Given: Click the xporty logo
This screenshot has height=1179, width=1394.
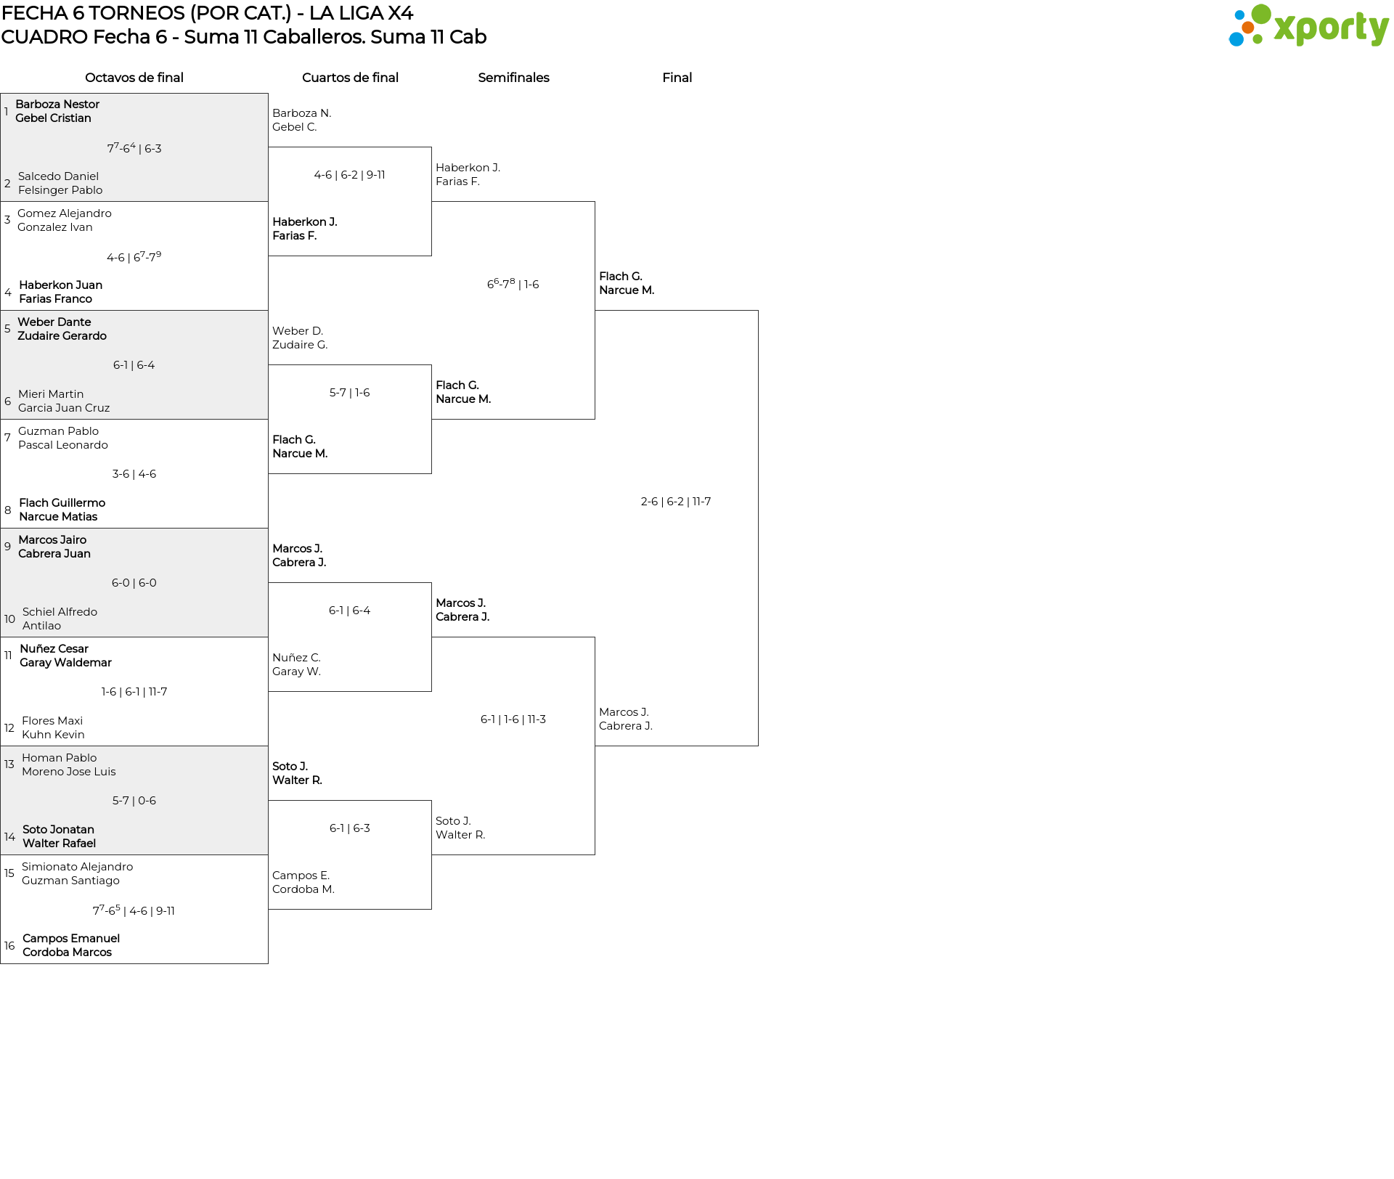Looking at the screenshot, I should click(x=1308, y=26).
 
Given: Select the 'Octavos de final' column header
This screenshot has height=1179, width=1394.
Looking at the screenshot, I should click(x=134, y=78).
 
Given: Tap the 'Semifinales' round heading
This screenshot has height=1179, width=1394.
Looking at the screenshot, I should click(x=513, y=78).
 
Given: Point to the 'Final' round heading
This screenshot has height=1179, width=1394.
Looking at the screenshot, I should click(x=677, y=78).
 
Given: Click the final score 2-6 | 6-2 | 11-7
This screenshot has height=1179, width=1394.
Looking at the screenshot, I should click(x=675, y=502).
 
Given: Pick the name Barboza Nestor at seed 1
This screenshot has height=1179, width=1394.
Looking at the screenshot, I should click(x=57, y=105).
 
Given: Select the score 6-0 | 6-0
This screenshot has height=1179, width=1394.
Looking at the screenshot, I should click(x=134, y=583).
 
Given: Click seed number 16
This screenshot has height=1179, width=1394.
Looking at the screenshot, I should click(x=9, y=946).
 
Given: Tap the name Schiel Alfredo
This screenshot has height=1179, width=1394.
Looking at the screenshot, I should click(x=60, y=612).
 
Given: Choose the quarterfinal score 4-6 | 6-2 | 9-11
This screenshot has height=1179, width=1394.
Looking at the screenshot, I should click(x=349, y=175).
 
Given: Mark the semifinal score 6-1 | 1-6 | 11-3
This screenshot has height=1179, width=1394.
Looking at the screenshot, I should click(x=513, y=719).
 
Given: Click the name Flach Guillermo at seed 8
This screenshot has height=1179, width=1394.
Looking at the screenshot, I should click(x=62, y=503).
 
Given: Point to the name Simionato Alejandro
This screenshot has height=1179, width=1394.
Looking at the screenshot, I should click(x=77, y=867).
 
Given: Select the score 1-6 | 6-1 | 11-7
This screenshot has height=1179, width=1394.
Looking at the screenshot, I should click(x=134, y=692).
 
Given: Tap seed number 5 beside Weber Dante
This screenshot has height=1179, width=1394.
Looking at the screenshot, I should click(x=7, y=329).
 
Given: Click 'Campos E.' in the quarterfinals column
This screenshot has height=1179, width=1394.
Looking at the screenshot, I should click(x=301, y=876).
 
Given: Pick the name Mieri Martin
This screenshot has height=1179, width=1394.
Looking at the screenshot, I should click(x=51, y=394).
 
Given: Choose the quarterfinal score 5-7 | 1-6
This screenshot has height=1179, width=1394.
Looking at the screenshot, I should click(x=349, y=393).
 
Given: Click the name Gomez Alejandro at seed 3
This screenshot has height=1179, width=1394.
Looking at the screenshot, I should click(x=65, y=213).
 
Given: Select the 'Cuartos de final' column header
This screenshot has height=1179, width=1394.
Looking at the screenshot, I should click(x=350, y=78).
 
